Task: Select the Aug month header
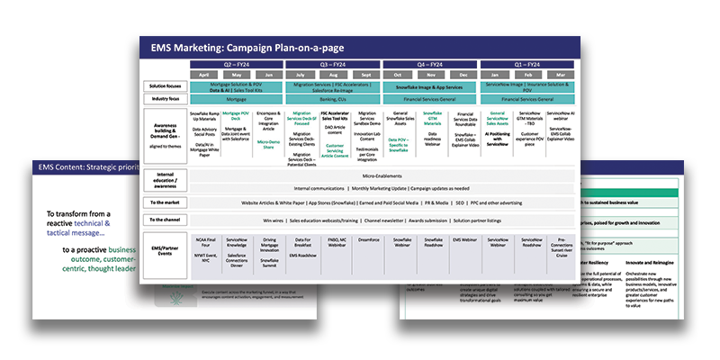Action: pos(334,75)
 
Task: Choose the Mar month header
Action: pos(564,75)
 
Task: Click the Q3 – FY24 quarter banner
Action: pos(334,65)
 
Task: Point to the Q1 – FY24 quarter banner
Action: pos(531,65)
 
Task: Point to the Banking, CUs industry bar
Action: pos(334,99)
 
